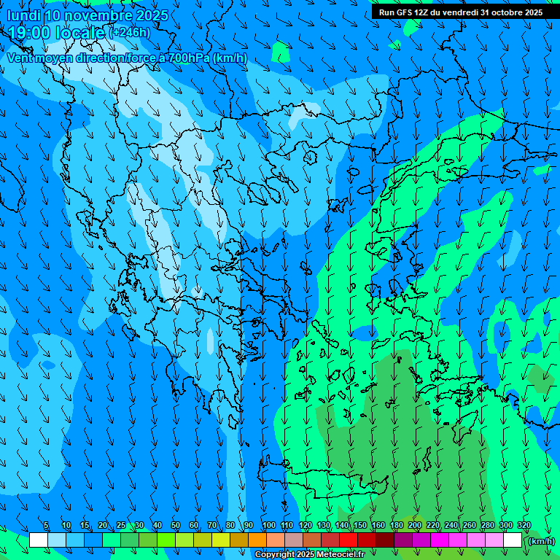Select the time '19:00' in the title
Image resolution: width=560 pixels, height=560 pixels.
coord(30,33)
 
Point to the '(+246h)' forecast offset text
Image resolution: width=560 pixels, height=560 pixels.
coord(130,33)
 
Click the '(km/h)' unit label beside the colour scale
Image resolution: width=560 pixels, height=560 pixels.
coord(540,541)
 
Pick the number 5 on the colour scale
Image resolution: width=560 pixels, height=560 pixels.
coord(46,525)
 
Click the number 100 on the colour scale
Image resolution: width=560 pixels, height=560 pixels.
coord(269,525)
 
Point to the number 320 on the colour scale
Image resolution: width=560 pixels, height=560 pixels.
coord(524,525)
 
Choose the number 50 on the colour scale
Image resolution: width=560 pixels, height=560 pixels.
coord(176,525)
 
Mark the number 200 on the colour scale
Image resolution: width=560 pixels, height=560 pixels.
coord(415,525)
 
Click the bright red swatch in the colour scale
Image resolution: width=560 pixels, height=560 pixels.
coord(349,540)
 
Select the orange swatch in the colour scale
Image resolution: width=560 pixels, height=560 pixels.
coord(257,540)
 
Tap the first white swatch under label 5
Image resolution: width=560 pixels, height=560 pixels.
coord(39,540)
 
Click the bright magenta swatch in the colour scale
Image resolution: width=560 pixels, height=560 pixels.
coord(440,540)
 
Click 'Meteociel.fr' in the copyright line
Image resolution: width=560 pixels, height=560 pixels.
coord(341,555)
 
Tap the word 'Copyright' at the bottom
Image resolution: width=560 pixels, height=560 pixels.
coord(274,555)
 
